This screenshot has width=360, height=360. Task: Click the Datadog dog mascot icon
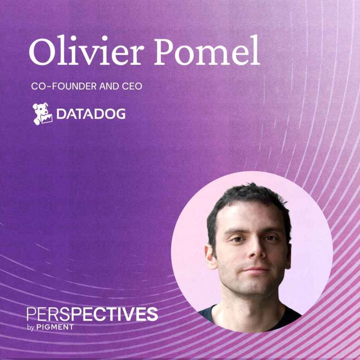(x=42, y=114)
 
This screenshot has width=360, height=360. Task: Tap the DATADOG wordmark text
(x=91, y=114)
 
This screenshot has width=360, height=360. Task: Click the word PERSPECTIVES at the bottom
(x=92, y=314)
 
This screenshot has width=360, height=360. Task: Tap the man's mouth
(x=254, y=271)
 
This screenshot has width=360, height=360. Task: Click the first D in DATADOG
(x=61, y=114)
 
